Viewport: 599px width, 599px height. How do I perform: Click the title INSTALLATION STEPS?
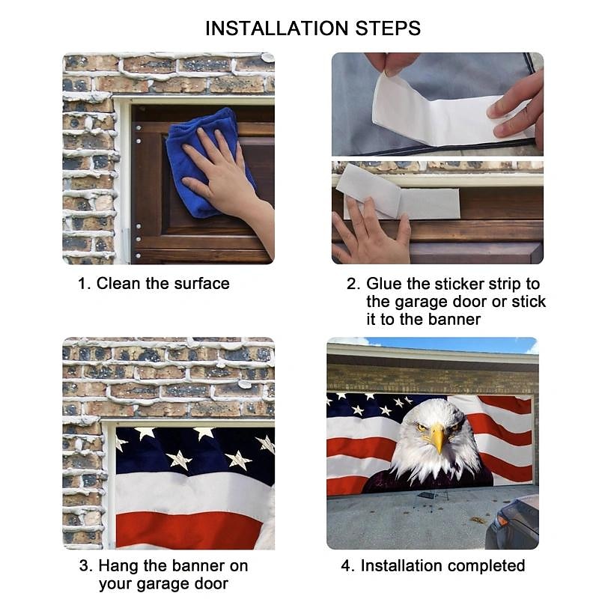313,29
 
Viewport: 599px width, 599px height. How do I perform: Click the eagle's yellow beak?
437,439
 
